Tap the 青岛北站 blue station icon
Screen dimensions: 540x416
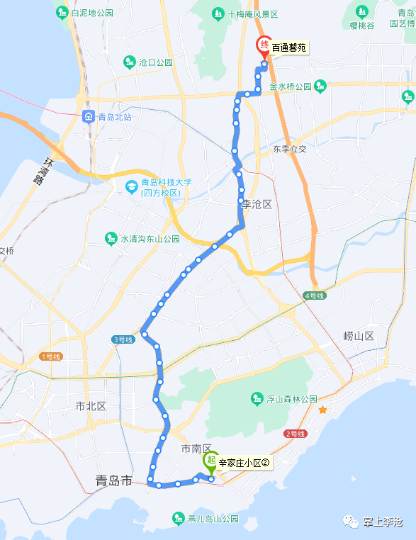(x=89, y=117)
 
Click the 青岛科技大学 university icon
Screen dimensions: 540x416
(x=131, y=186)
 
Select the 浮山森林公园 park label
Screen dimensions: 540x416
(x=291, y=399)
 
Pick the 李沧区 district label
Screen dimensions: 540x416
(x=257, y=204)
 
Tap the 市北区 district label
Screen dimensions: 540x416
(x=91, y=406)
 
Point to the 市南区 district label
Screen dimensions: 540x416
(x=197, y=449)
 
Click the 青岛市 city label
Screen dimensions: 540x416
(x=114, y=481)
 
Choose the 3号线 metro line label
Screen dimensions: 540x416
(x=123, y=339)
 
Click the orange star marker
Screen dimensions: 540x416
(x=322, y=410)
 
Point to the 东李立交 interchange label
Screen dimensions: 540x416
(x=290, y=150)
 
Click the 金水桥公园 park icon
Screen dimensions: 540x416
(x=320, y=86)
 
